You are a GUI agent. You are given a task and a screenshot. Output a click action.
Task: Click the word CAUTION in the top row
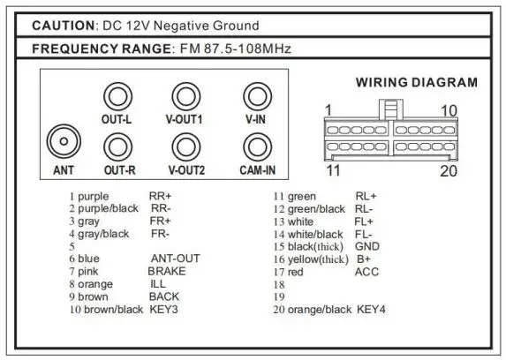tap(64, 26)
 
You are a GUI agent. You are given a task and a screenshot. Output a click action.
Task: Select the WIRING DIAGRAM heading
tap(417, 83)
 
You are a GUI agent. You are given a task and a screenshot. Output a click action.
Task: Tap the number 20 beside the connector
tap(449, 170)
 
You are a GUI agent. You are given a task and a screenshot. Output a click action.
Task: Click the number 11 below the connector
tap(333, 170)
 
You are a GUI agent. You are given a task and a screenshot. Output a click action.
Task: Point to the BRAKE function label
tap(167, 271)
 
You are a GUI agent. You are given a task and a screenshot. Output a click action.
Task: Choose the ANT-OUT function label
tap(176, 259)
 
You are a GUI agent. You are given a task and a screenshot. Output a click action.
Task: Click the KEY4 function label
tap(371, 310)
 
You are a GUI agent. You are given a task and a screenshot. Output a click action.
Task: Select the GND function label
tap(367, 246)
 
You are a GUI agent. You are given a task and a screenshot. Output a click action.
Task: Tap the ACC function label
tap(366, 272)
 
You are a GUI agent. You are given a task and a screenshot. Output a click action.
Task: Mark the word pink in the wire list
tap(88, 272)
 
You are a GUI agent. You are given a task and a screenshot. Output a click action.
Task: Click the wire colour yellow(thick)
tap(318, 259)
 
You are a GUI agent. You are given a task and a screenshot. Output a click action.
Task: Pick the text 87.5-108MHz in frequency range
tap(247, 49)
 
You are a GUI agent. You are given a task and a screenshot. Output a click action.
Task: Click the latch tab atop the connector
tap(391, 109)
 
